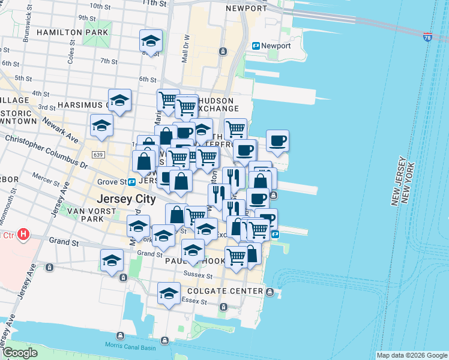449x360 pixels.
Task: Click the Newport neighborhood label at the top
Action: (246, 8)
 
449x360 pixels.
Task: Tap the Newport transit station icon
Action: (256, 46)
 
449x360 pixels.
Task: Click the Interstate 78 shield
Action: (427, 38)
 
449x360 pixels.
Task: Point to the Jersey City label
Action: (127, 199)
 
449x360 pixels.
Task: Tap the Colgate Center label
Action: (230, 292)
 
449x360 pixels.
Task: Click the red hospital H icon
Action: (23, 233)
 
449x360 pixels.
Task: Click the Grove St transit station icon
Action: (131, 181)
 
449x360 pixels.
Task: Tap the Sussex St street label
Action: (198, 276)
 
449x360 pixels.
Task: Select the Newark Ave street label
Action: (60, 129)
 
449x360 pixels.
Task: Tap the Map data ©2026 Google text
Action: (411, 355)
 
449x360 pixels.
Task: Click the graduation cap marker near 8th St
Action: (151, 41)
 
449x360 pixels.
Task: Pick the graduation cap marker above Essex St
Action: (169, 293)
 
